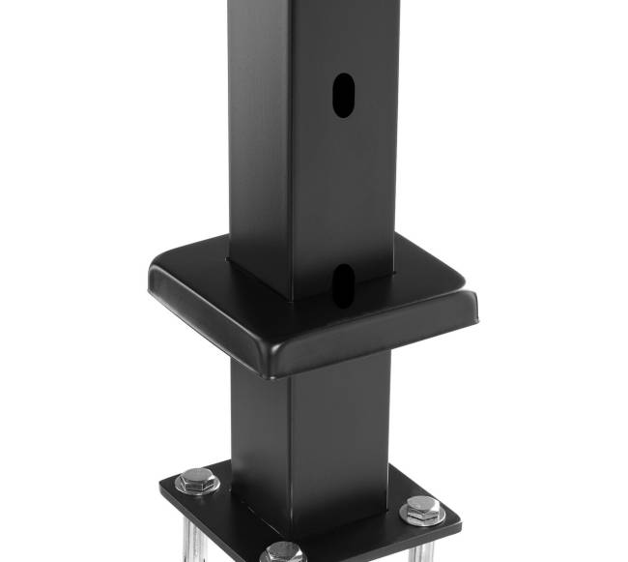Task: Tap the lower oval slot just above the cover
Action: point(343,281)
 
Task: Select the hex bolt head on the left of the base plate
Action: point(196,479)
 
